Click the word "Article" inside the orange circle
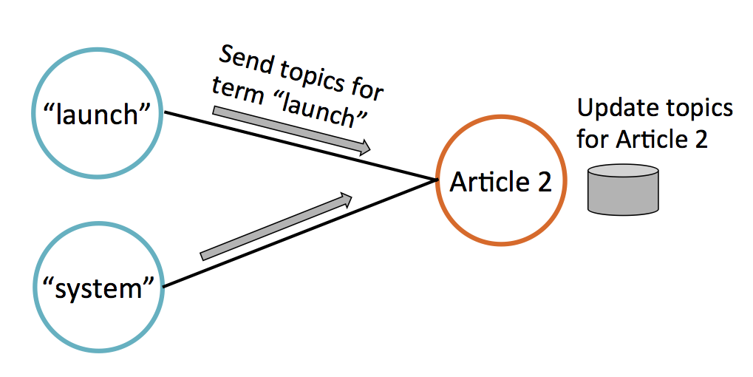click(x=487, y=182)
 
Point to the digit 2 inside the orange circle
click(x=543, y=182)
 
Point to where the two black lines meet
click(x=433, y=178)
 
